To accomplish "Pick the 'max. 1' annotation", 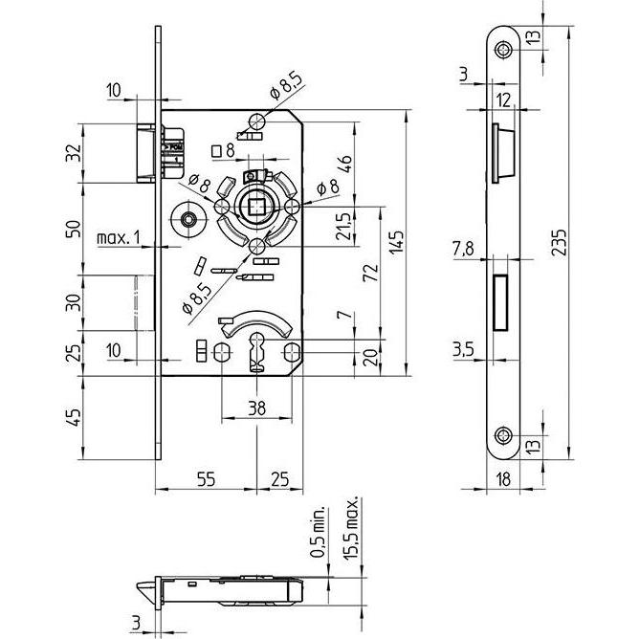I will pyautogui.click(x=119, y=237).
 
